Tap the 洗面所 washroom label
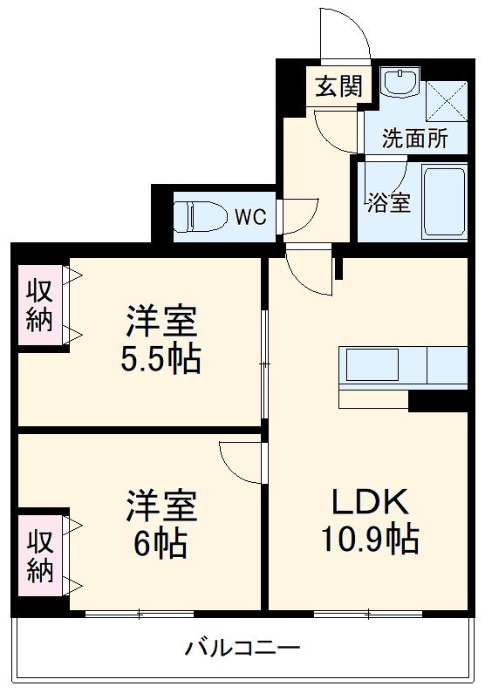[x=416, y=137]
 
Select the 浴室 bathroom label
[x=387, y=201]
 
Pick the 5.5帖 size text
[x=161, y=358]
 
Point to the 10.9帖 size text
[x=369, y=540]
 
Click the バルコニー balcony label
[x=242, y=649]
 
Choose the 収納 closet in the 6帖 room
[x=39, y=556]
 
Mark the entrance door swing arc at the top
[x=345, y=35]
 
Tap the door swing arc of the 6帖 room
[x=240, y=459]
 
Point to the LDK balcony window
[x=368, y=615]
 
